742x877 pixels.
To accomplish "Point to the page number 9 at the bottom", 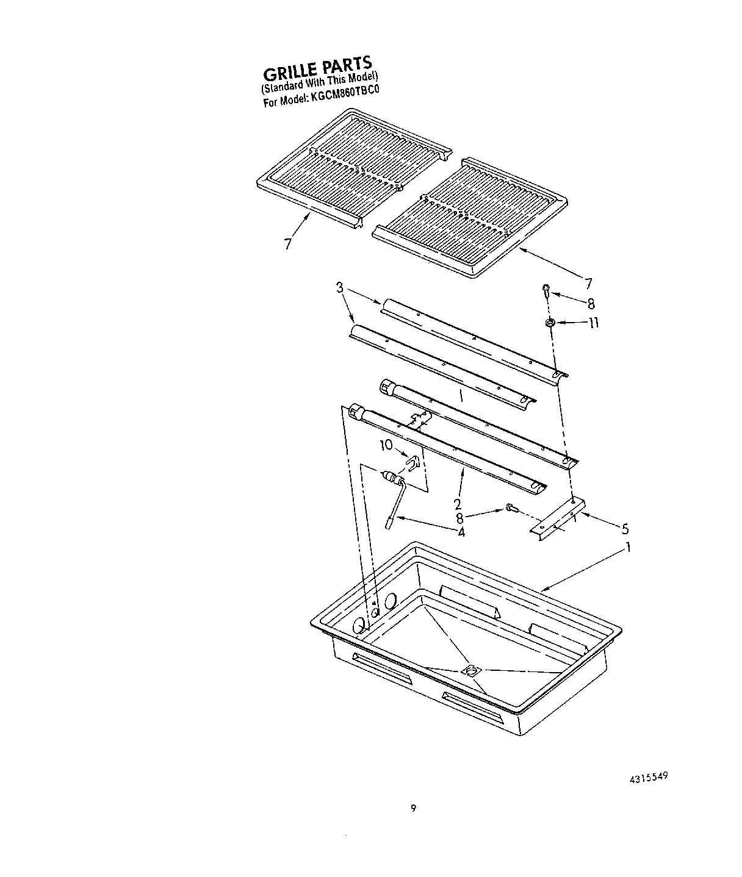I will click(413, 809).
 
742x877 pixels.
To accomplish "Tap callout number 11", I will click(593, 323).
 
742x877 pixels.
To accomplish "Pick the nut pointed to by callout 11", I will click(549, 323).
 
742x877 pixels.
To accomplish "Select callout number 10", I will click(386, 445).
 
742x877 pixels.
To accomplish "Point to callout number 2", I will click(457, 504).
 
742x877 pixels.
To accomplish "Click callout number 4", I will click(461, 532).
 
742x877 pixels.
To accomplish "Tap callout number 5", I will click(624, 529).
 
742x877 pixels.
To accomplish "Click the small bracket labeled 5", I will click(558, 518).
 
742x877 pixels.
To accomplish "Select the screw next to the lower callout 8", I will click(511, 507).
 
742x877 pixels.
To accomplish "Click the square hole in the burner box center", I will click(471, 670).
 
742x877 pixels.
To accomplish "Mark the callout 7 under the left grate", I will click(287, 243).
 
